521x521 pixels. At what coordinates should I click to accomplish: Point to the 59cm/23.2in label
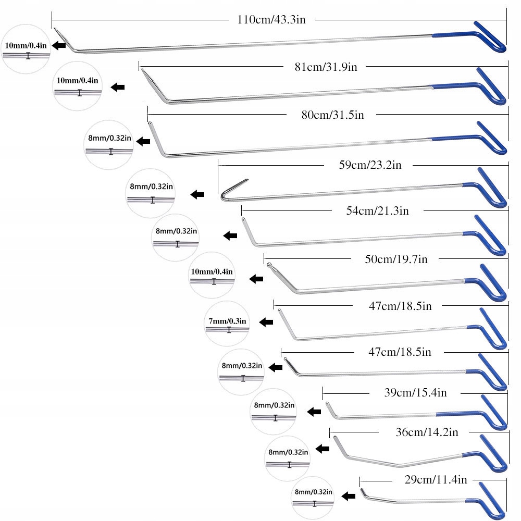[370, 165]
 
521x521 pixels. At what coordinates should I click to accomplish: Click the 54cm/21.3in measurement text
[377, 210]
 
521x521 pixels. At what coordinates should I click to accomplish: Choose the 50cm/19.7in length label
[396, 259]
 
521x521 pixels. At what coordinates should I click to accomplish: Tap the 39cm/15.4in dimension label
[415, 393]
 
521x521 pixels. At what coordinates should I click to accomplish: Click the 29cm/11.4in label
[436, 479]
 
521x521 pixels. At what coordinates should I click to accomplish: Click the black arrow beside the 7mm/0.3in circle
[266, 322]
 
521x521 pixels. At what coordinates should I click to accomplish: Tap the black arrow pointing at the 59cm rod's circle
[197, 194]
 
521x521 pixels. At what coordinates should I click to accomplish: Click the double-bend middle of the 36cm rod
[399, 464]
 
